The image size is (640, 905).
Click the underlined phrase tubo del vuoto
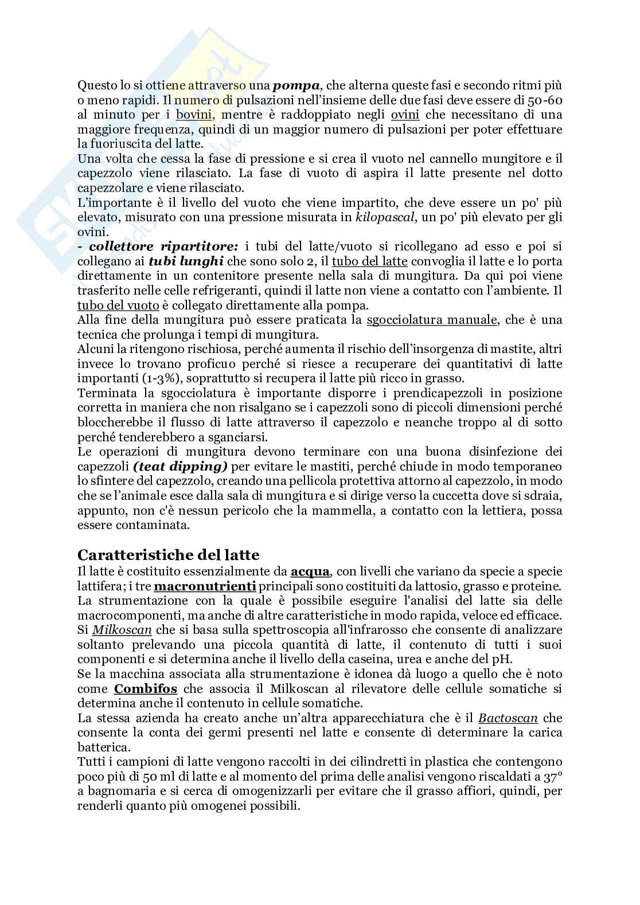(118, 305)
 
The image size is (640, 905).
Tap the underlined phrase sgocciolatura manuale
(432, 319)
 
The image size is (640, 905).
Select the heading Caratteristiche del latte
(168, 555)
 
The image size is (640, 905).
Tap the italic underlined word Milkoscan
(122, 630)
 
